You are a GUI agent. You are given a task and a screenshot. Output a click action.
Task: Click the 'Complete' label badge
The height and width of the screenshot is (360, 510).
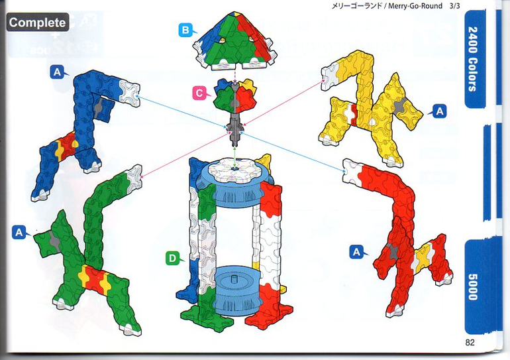(x=37, y=22)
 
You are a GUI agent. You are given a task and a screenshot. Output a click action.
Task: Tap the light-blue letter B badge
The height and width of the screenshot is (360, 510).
(x=185, y=30)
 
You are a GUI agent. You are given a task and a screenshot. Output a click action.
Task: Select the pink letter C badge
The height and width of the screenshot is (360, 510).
(x=199, y=93)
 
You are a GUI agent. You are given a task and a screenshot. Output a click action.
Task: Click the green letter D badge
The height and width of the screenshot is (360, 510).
(x=172, y=259)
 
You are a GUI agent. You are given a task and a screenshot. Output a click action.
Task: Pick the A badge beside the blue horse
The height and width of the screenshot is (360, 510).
(x=57, y=72)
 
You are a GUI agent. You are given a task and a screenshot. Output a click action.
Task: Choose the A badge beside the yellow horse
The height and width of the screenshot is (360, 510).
(x=439, y=111)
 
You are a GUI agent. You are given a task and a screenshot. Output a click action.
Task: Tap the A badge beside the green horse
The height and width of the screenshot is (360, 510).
(x=19, y=233)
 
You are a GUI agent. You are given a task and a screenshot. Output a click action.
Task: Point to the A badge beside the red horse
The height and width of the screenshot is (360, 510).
(x=357, y=252)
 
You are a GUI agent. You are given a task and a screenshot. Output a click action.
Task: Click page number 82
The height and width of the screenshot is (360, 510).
(x=470, y=342)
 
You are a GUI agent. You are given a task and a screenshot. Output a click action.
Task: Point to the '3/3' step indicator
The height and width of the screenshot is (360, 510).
(x=454, y=6)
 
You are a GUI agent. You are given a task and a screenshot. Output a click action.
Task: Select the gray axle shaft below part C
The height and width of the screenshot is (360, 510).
(x=235, y=129)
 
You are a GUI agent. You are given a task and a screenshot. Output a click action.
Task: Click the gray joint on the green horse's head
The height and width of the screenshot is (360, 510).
(x=54, y=241)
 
